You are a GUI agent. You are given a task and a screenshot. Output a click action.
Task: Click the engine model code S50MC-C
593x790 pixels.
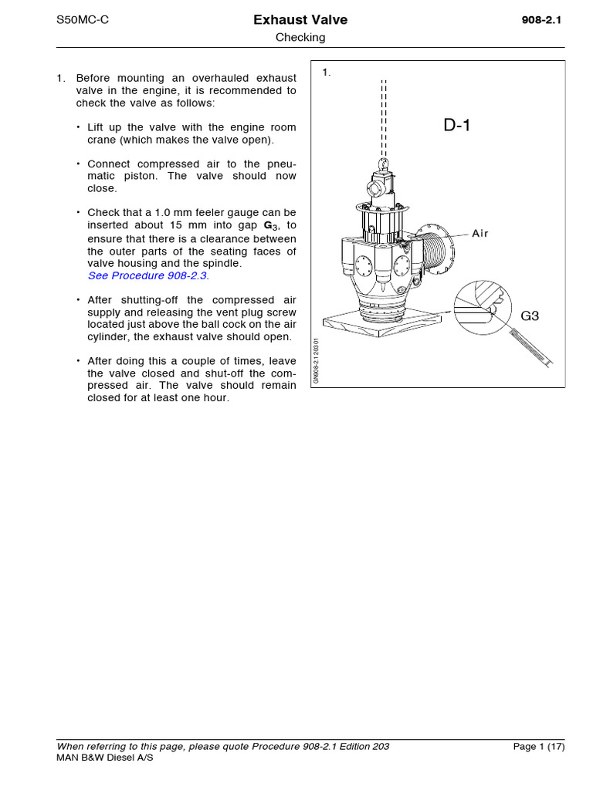tap(83, 20)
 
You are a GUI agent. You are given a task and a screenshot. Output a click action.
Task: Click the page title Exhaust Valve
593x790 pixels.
tap(300, 20)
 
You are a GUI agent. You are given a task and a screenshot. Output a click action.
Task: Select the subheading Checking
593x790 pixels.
tap(300, 37)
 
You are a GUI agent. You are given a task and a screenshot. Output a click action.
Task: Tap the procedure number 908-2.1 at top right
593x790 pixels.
tap(541, 21)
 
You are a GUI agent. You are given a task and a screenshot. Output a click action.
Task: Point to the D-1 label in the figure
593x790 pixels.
tap(457, 126)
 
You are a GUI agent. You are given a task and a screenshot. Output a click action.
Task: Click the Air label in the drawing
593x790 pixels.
tap(481, 233)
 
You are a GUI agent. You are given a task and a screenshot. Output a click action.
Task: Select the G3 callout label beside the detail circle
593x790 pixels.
tap(530, 316)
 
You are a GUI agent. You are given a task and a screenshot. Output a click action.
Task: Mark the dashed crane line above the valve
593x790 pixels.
tap(384, 116)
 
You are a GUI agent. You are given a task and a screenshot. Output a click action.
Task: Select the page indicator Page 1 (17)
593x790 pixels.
tap(539, 746)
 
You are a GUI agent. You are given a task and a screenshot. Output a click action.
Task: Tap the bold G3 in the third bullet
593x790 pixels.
tap(270, 225)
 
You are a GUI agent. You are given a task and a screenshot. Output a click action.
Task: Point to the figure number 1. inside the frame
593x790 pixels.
tap(327, 73)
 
